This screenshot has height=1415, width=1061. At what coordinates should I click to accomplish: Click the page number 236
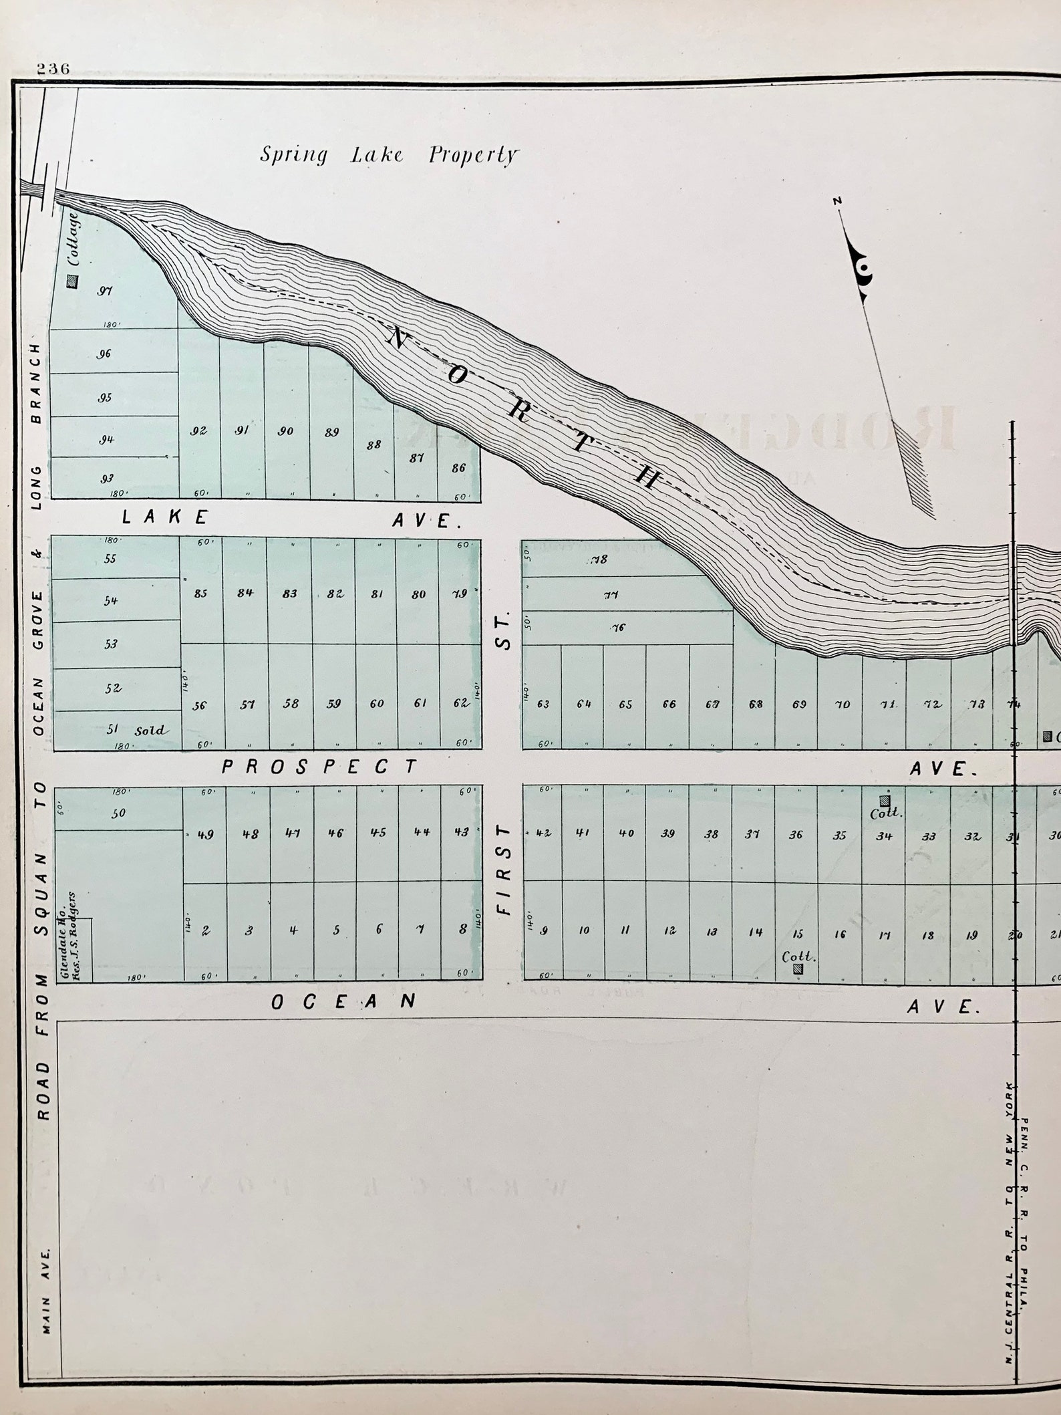53,69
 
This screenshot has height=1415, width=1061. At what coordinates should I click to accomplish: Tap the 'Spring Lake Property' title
389,155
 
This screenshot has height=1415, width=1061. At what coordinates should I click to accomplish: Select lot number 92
198,431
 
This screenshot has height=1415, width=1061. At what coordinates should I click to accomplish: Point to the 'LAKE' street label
165,517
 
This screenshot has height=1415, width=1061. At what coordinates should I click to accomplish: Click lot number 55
110,559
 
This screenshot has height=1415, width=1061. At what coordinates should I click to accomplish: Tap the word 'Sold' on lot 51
150,730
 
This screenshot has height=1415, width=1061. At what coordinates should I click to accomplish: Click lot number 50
119,813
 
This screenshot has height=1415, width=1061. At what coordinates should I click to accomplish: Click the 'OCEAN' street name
344,1001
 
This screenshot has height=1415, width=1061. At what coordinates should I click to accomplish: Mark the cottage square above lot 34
885,800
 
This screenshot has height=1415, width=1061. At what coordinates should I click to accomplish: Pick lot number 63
543,704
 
